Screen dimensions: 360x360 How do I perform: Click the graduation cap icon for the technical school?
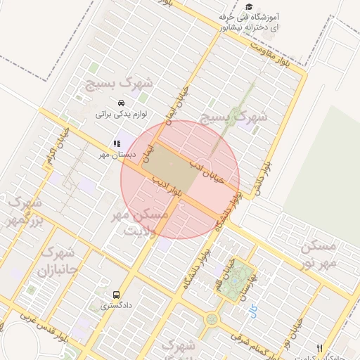(x=250, y=6)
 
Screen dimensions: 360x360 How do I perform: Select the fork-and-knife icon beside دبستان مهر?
(x=117, y=143)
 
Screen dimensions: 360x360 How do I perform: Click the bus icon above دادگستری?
(x=116, y=295)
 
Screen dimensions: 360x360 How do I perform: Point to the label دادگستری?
(x=115, y=306)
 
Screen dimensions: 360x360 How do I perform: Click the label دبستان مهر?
(x=116, y=154)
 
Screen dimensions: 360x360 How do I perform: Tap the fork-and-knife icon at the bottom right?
(x=321, y=348)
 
